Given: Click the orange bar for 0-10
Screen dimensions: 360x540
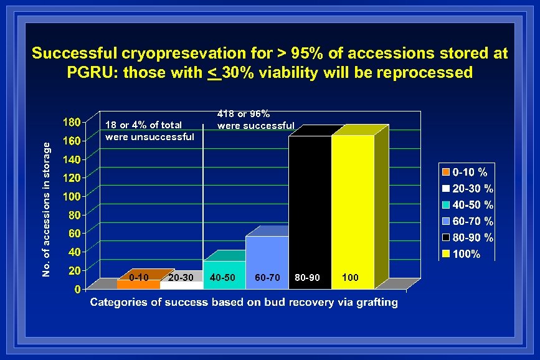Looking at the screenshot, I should (138, 283).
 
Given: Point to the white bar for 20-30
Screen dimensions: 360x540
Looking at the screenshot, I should (181, 285).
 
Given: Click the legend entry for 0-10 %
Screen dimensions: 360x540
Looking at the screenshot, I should (468, 172).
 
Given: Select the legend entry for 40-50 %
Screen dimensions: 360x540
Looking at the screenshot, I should (468, 205).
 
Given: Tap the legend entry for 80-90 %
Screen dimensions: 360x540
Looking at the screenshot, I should (468, 238).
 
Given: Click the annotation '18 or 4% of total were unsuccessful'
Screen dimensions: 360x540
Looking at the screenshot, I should (149, 131).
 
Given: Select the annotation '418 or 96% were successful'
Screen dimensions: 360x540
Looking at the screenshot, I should (255, 120).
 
